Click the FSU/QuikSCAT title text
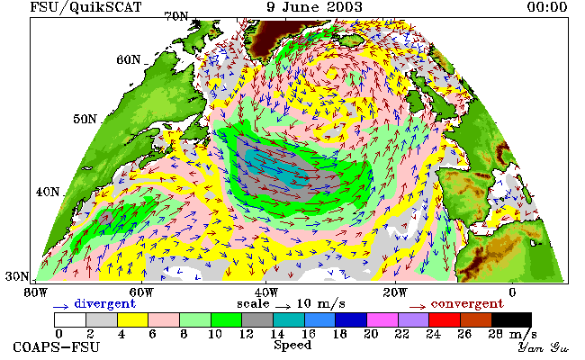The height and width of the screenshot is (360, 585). (x=85, y=7)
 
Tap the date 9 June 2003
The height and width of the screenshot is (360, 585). (x=314, y=6)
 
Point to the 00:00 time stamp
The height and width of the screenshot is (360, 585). (x=547, y=6)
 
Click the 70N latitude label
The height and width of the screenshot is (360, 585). (x=176, y=16)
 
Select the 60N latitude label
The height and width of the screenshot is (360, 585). (x=129, y=59)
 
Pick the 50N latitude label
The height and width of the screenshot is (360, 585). (x=85, y=119)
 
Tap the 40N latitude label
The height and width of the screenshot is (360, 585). (x=48, y=192)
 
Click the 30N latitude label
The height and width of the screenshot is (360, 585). (x=17, y=276)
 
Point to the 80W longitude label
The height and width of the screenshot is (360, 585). (x=36, y=292)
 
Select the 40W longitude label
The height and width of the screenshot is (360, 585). (x=266, y=292)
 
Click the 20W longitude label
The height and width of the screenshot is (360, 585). (x=395, y=292)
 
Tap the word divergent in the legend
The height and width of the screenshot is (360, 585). (x=104, y=303)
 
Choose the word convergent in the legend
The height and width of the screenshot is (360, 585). (x=467, y=303)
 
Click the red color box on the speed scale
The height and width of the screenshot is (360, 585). (x=445, y=320)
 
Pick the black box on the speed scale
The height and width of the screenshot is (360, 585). (x=511, y=320)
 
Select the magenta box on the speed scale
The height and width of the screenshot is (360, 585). (x=382, y=320)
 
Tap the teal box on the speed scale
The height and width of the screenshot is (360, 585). (x=289, y=320)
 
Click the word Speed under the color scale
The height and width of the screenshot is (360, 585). (x=292, y=345)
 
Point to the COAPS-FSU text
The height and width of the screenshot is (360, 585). (x=57, y=346)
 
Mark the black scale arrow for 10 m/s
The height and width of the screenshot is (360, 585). (x=283, y=307)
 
